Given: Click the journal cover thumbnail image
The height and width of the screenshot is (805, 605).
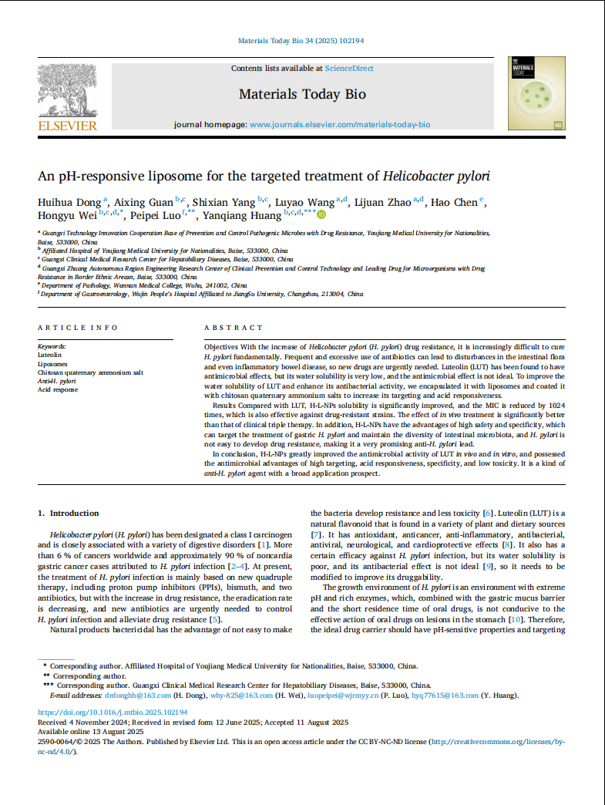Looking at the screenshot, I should coord(536,93).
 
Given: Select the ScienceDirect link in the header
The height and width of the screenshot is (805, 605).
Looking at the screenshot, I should coord(349,69).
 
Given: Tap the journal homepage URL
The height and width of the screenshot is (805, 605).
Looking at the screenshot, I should coord(340,124).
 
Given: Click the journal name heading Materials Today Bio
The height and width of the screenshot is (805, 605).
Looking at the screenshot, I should coord(302,95).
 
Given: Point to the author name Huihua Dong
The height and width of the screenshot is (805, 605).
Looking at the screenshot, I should coord(70,202).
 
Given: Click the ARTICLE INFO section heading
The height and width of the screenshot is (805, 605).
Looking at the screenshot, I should coord(77,328).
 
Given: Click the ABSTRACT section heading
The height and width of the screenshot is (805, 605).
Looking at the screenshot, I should coord(234,328).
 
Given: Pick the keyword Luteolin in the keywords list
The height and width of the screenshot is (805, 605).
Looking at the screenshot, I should coord(50,355).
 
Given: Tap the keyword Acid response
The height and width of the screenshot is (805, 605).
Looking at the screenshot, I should coord(59,389).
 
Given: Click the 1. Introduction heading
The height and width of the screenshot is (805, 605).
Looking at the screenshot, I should coord(69,513).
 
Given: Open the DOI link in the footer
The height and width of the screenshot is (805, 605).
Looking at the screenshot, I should coord(113,712).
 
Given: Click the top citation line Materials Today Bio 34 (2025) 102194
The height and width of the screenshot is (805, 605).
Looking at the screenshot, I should coord(301,40).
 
